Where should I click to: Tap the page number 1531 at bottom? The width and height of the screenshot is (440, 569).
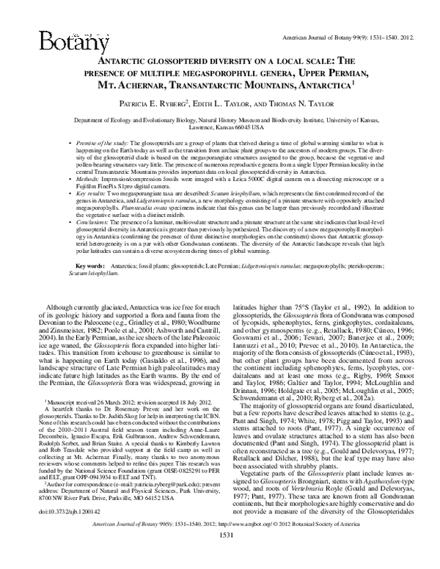coord(221,556)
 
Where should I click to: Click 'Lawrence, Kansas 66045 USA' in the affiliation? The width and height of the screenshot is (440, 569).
coord(220,128)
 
